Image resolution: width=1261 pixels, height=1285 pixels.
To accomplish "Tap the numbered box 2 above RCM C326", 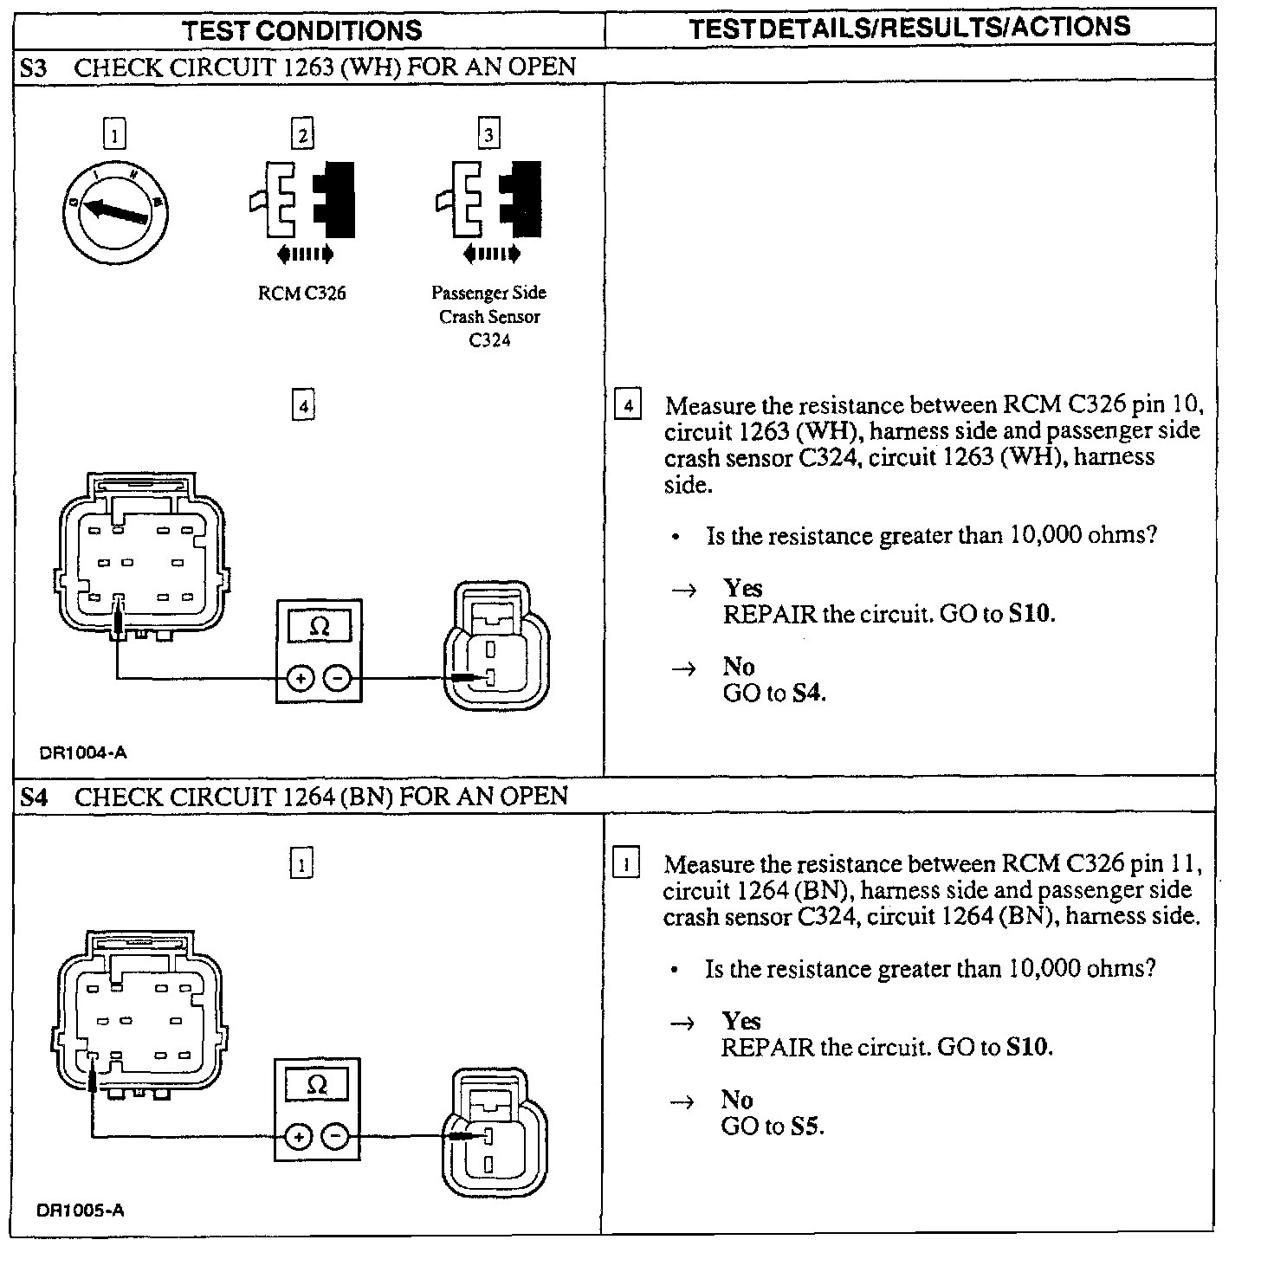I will tap(301, 135).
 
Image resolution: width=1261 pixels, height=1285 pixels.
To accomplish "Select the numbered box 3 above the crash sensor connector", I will tap(489, 135).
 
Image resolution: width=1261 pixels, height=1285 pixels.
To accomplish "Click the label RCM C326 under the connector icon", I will tap(301, 294).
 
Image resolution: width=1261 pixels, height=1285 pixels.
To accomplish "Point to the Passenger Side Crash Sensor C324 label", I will tap(489, 316).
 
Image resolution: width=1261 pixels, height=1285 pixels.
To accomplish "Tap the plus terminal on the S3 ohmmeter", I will tap(299, 679).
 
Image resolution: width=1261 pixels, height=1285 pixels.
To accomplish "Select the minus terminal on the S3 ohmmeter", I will tap(339, 679).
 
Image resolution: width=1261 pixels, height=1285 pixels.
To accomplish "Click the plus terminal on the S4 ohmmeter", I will tap(297, 1136).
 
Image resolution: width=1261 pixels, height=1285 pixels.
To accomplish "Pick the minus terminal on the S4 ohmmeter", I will tap(337, 1136).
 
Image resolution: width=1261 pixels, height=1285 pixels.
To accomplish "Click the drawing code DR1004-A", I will tap(83, 752).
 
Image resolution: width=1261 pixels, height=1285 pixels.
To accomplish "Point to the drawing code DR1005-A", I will tap(81, 1210).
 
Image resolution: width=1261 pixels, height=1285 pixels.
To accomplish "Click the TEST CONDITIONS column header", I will tap(302, 31).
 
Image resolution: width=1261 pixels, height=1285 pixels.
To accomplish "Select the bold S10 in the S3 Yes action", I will tap(1031, 615).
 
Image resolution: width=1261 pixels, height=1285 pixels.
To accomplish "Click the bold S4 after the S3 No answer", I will tap(808, 694).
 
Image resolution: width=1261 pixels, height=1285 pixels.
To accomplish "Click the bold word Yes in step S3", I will tap(743, 589).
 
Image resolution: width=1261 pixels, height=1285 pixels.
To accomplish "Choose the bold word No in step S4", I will tap(737, 1100).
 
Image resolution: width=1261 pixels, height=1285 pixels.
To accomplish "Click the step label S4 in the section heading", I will tap(34, 797).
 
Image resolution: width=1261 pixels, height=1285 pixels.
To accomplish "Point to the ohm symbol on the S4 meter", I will tap(317, 1085).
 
